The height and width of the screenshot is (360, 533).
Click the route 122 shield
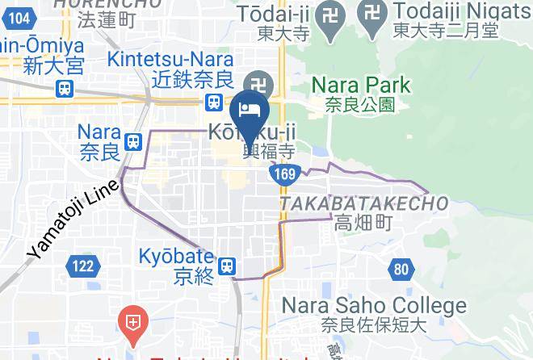point(84,265)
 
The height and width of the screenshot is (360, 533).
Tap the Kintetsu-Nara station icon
point(214,102)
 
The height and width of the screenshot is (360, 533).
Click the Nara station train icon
point(133,141)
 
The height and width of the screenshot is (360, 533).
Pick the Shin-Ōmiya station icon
point(62,88)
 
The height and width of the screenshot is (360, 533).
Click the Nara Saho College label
point(374,306)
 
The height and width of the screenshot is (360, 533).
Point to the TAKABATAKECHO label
point(365,204)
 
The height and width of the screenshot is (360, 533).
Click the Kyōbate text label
point(184,253)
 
